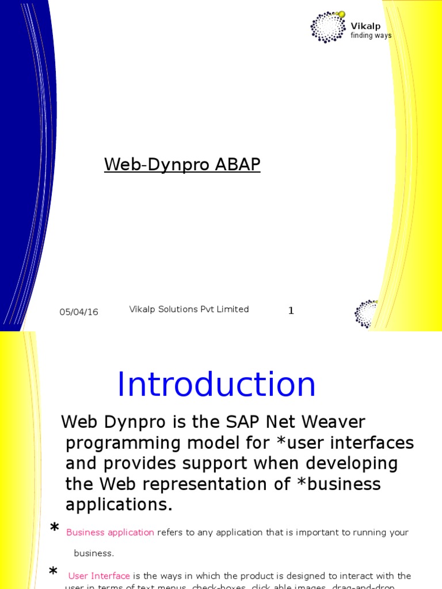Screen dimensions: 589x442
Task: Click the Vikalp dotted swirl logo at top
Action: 328,26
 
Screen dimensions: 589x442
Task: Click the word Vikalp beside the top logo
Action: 365,26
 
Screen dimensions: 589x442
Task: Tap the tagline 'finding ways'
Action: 371,36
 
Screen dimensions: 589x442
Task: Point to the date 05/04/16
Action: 79,312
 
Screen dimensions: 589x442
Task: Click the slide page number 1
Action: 291,311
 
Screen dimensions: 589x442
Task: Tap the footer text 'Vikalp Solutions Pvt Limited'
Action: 189,309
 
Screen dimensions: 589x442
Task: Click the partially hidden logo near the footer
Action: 366,314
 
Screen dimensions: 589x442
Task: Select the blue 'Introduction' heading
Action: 216,385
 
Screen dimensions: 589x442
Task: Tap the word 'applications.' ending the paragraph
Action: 119,505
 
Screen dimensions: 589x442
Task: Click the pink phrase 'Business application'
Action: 110,533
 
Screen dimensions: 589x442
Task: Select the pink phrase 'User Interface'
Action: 99,576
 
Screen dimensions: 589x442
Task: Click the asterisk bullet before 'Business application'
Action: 55,529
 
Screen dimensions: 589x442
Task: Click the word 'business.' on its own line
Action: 94,553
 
